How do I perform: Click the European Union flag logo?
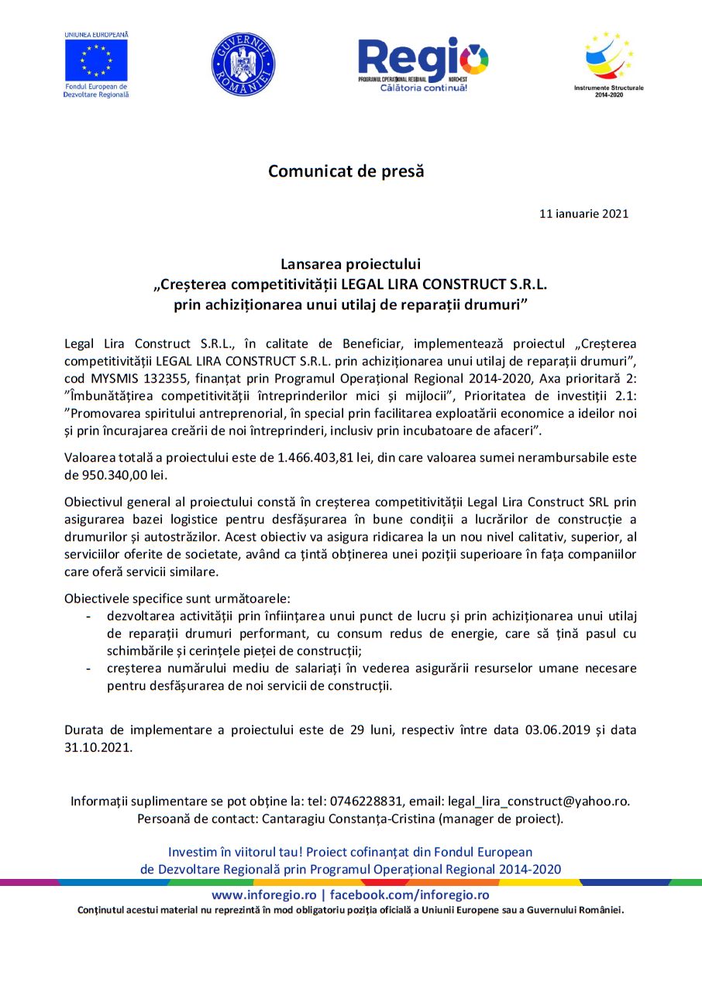(x=96, y=60)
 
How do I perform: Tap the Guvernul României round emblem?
(x=243, y=64)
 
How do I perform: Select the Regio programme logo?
(x=422, y=62)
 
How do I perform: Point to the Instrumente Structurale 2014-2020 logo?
(x=608, y=62)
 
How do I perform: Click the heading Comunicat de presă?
(x=346, y=171)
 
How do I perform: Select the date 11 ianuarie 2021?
(x=583, y=214)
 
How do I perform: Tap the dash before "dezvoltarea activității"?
(x=88, y=617)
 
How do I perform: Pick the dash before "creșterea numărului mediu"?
(x=88, y=668)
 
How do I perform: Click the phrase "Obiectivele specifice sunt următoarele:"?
(x=177, y=598)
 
